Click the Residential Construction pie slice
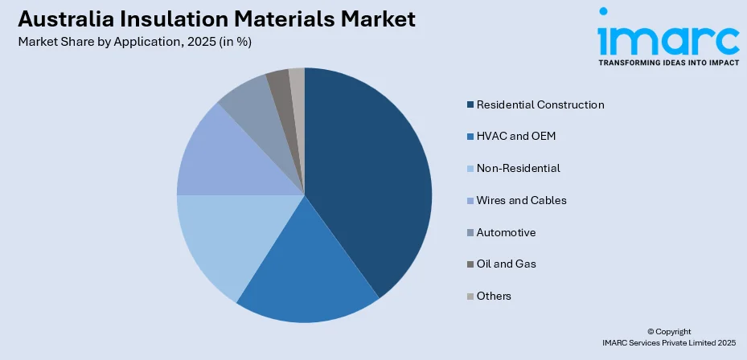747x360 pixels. [x=370, y=177]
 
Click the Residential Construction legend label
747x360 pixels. [x=540, y=104]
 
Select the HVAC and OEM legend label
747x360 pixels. [x=515, y=137]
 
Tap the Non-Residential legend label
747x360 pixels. [x=518, y=168]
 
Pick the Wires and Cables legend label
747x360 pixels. [x=521, y=200]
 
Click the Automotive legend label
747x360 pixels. [x=506, y=232]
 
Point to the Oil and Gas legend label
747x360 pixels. [x=506, y=264]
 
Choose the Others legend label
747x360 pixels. [x=494, y=296]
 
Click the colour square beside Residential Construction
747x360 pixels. [x=470, y=104]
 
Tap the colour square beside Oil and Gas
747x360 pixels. [x=470, y=264]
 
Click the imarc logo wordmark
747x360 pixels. [x=667, y=36]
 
